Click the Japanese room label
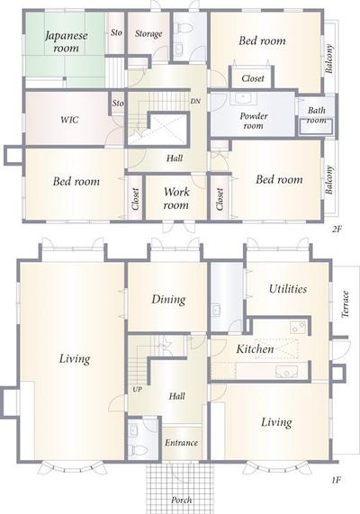(x=67, y=41)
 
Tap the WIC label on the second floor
(x=69, y=120)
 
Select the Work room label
(x=176, y=198)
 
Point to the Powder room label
(x=254, y=121)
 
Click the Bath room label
(x=317, y=114)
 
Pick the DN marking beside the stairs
(x=195, y=102)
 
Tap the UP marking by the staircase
(x=138, y=390)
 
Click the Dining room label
(x=168, y=299)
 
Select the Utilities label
(x=288, y=289)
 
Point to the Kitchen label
(x=255, y=348)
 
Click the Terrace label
(x=345, y=303)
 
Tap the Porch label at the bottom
(x=181, y=500)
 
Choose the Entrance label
(x=181, y=443)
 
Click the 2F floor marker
(x=337, y=230)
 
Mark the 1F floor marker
(x=337, y=480)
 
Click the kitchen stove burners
(x=298, y=327)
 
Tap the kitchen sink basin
(x=286, y=372)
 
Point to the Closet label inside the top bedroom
(x=253, y=78)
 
